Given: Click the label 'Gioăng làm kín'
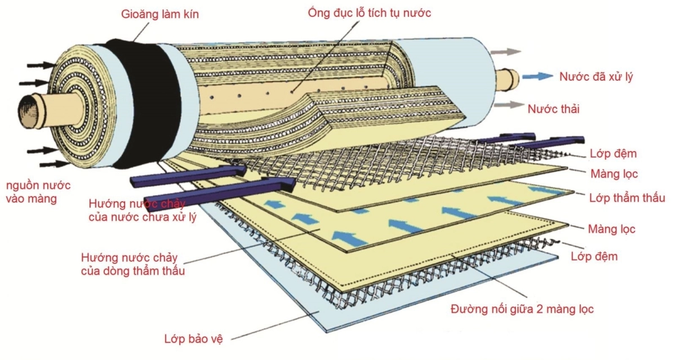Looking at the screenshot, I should [160, 15].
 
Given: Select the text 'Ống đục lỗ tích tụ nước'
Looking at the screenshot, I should [370, 12].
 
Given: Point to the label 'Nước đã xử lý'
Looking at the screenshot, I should [596, 77].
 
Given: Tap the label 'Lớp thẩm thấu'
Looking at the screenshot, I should [627, 198].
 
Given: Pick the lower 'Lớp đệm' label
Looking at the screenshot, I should [594, 257].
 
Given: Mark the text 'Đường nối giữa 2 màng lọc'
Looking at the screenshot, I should [522, 309].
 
